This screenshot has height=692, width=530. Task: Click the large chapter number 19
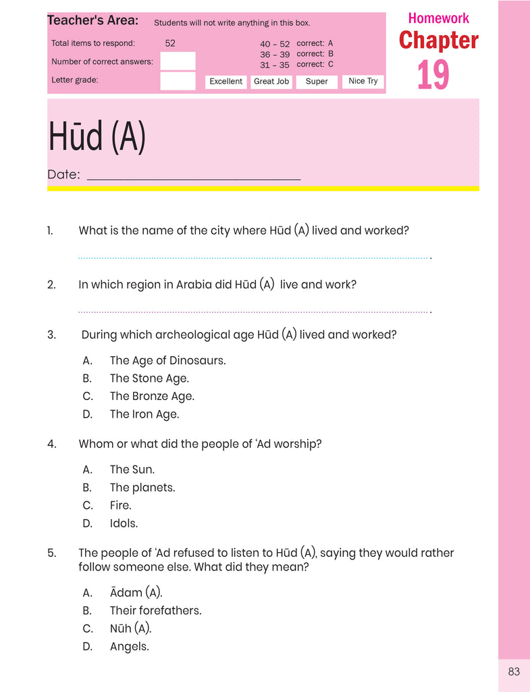point(433,75)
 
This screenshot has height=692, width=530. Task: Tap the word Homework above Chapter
point(438,18)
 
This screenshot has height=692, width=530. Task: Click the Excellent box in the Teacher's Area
point(226,82)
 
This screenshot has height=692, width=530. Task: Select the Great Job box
point(271,82)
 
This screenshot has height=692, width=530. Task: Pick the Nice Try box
point(363,82)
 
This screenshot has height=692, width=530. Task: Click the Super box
point(317,82)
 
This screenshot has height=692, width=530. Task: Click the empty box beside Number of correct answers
point(178,61)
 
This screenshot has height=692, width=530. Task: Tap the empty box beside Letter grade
point(178,81)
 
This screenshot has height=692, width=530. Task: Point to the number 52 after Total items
point(170,43)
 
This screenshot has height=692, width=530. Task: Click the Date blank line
point(194,179)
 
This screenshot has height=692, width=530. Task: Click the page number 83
point(514,672)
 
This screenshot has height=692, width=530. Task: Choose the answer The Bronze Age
point(152,397)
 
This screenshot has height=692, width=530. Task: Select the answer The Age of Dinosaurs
point(167,361)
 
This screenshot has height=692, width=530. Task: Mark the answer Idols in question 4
point(124,524)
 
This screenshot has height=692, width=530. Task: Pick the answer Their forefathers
point(155,611)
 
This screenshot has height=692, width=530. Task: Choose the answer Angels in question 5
point(129,647)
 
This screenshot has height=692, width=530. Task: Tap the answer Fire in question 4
point(121,505)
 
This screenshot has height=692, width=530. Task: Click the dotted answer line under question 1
point(254,257)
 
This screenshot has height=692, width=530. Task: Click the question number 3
point(51,335)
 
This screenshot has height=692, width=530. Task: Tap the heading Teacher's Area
point(92,21)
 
